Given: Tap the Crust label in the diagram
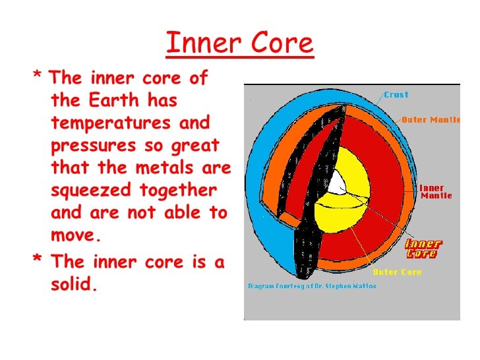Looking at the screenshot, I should (x=396, y=95).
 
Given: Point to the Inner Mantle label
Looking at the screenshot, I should (x=436, y=192).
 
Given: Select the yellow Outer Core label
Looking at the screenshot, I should (x=397, y=272).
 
